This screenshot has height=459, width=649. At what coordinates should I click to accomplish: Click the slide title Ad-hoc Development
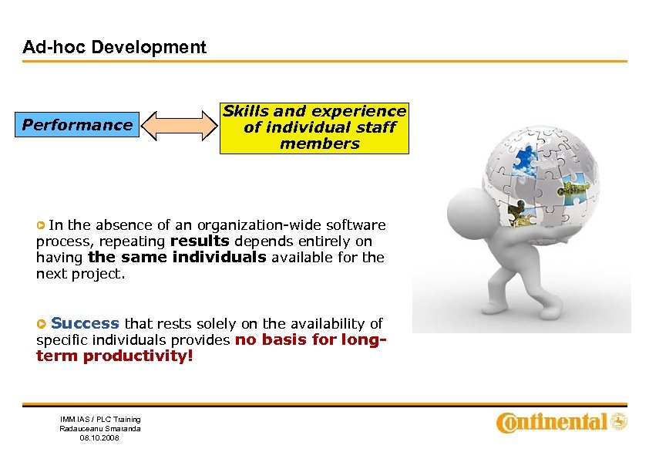[114, 47]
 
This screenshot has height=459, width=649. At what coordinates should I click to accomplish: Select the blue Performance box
[77, 125]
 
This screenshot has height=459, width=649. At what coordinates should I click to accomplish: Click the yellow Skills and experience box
[314, 127]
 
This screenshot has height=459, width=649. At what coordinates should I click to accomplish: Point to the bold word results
[200, 241]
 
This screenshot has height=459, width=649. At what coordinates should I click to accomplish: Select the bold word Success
[85, 323]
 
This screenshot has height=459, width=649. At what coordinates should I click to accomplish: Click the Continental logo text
[552, 422]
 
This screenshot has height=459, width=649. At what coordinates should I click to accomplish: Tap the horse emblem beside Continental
[619, 422]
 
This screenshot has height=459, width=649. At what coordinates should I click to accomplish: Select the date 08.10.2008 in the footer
[100, 437]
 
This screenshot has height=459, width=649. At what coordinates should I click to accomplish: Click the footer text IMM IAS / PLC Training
[100, 420]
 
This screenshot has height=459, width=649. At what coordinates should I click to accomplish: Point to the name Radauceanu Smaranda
[100, 428]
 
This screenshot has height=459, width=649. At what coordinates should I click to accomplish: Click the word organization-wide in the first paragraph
[251, 225]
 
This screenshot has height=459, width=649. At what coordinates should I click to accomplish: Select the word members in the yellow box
[319, 143]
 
